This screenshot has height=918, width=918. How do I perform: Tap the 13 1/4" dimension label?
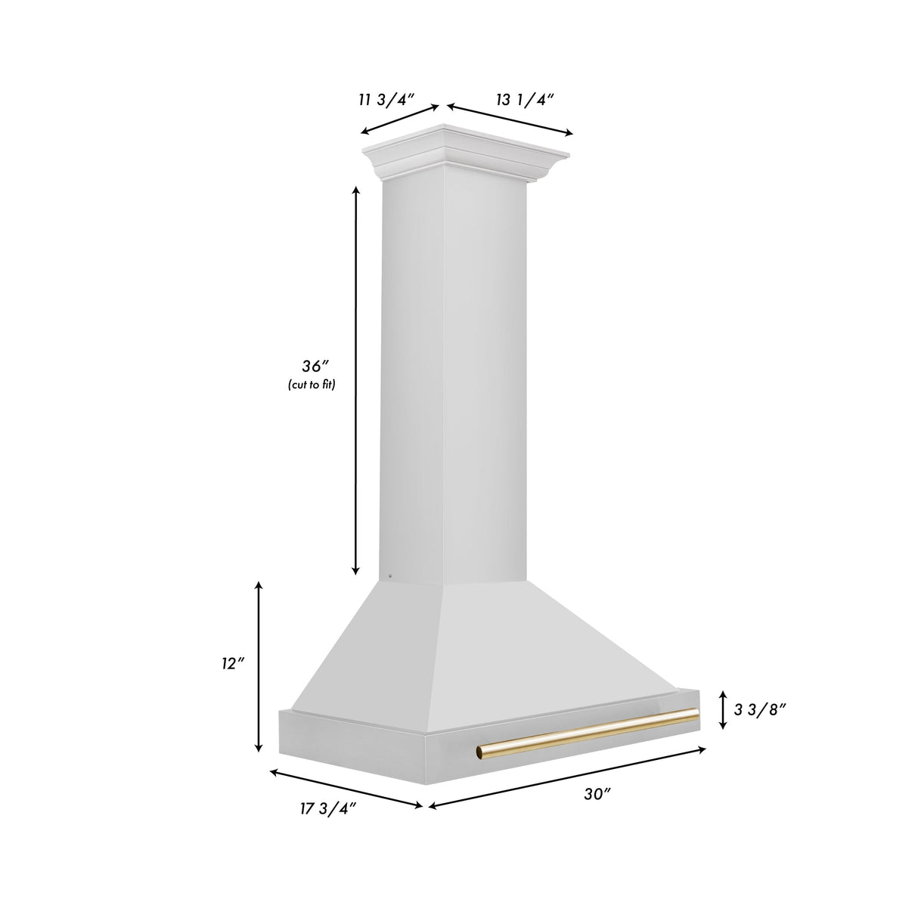click(x=525, y=99)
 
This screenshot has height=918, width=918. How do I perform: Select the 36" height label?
click(x=312, y=367)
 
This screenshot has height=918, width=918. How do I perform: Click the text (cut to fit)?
click(x=311, y=385)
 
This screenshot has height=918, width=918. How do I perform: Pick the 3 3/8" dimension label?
click(x=760, y=709)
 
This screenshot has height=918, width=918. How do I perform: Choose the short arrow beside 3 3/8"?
click(x=723, y=709)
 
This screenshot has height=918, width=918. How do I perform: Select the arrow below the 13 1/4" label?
click(x=510, y=120)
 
